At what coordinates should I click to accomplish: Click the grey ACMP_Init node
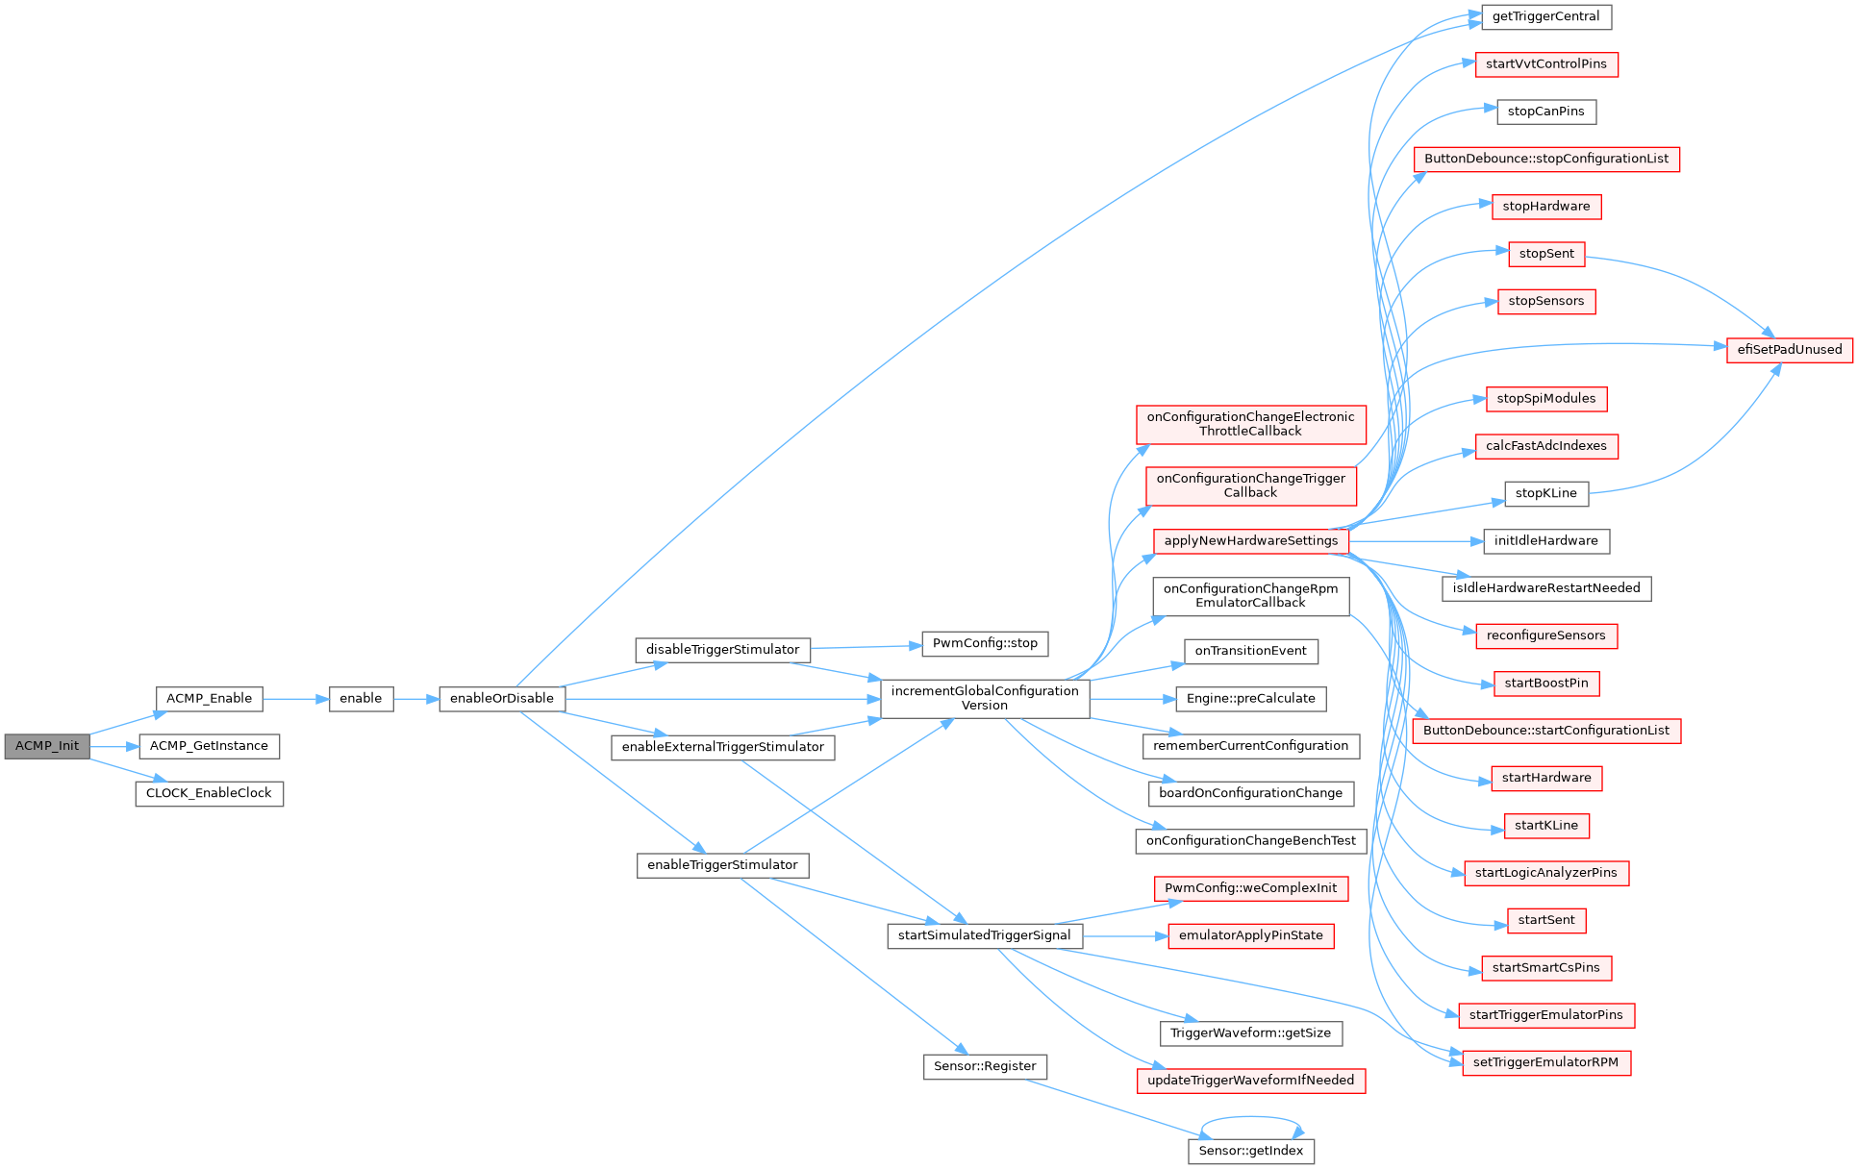pos(47,746)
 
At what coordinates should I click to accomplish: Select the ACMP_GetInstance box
pos(209,746)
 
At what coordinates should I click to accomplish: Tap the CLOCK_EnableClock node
pos(209,793)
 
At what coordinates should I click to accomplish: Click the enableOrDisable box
pos(502,699)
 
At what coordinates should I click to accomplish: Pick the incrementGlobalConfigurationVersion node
pos(985,698)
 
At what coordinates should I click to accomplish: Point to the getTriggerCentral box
pos(1546,16)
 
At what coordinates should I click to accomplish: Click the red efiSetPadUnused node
pos(1790,350)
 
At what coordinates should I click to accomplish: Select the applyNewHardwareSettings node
pos(1251,541)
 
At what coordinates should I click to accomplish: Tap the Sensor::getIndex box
pos(1251,1151)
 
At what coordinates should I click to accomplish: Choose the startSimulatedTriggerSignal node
pos(985,935)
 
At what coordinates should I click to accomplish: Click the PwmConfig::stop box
pos(985,643)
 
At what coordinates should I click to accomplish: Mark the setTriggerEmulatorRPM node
pos(1546,1063)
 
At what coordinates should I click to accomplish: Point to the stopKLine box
pos(1546,493)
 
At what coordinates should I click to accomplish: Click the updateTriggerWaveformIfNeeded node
pos(1251,1081)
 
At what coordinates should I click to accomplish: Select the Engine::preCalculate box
pos(1251,699)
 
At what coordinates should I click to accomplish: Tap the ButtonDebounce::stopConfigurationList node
pos(1546,159)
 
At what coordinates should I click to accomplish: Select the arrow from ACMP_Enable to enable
pos(296,699)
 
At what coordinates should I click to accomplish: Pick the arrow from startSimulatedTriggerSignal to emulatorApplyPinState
pos(1125,935)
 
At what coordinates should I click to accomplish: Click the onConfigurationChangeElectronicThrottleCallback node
pos(1251,424)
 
